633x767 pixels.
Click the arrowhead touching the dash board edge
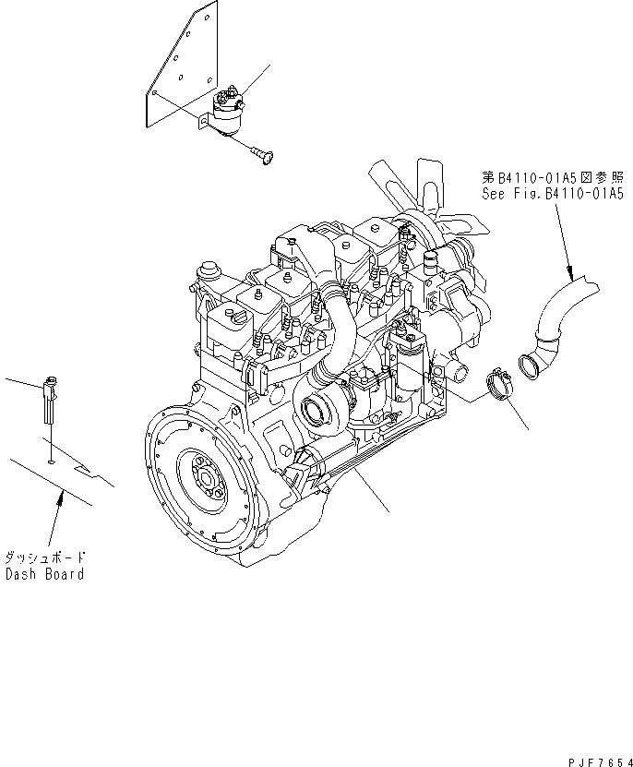[x=61, y=497]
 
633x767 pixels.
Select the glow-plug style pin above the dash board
[x=50, y=392]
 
